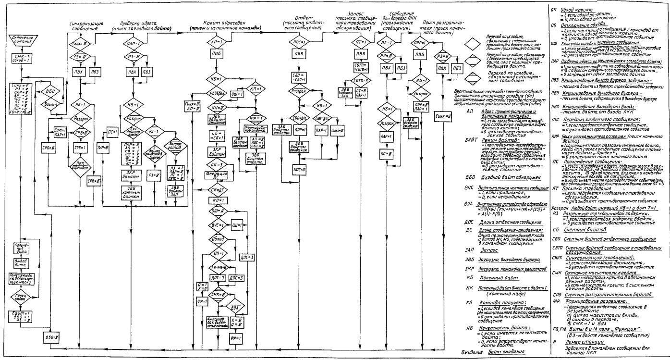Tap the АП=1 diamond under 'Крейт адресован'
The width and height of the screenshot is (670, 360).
pyautogui.click(x=215, y=42)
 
